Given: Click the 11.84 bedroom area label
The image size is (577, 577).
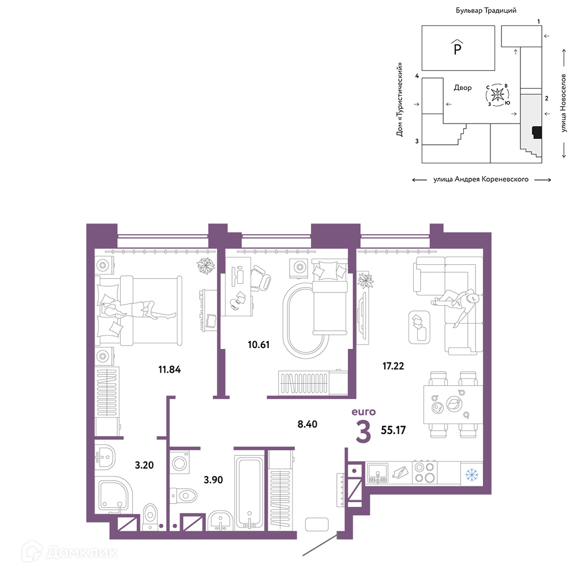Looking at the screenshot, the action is pos(169,369).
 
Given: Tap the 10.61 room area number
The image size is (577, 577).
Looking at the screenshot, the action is pos(258,345).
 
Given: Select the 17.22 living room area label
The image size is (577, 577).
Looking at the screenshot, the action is pos(393,366).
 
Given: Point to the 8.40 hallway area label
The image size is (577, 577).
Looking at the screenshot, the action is pos(308,424).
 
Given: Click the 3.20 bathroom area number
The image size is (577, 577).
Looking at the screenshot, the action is pos(144,465).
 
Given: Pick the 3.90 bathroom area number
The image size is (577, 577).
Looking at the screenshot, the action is pos(213,480).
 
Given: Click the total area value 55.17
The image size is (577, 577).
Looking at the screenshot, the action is pos(393,430).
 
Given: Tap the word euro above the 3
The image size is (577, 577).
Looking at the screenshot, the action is pos(364,412).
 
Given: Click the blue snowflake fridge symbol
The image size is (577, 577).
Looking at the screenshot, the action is pos(471,474).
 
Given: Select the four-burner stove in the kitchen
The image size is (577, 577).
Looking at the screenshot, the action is pos(424,473).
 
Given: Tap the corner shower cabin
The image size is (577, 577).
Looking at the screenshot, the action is pos(113,495).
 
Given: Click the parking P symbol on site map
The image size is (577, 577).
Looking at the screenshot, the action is pos(458,47).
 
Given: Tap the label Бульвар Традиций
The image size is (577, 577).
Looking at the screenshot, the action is pos(486,10).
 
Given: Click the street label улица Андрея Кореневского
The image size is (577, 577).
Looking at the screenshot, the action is pos(481,179).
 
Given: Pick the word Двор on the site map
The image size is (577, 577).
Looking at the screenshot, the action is pos(463,88).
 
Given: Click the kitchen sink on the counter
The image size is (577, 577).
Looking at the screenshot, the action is pos(377,473).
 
